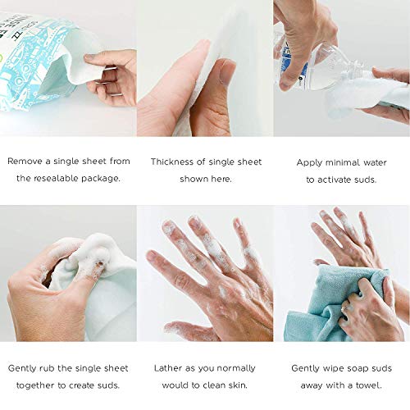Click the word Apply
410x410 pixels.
[310, 162]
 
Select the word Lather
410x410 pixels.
[169, 368]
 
